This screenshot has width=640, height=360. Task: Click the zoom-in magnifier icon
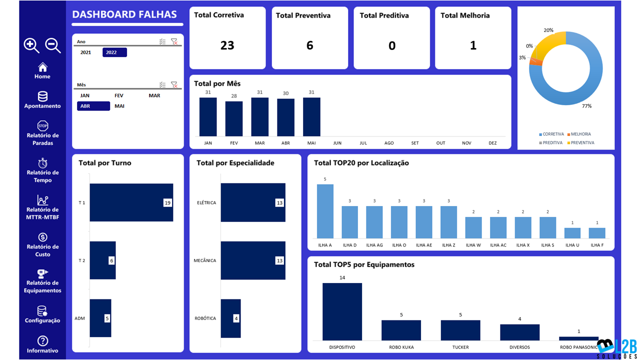pos(31,45)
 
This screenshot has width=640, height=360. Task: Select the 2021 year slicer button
pos(85,52)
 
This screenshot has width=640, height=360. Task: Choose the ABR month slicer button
pos(93,106)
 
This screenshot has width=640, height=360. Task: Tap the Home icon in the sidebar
pos(42,67)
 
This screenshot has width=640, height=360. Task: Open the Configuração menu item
pos(42,311)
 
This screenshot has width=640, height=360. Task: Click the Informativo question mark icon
pos(42,340)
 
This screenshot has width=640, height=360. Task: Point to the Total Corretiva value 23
pos(227,45)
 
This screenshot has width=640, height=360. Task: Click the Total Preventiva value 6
pos(309,45)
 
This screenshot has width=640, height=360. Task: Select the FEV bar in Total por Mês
pos(233,118)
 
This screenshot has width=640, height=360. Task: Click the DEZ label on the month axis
pos(492,143)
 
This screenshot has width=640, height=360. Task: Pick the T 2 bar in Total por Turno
pos(102,260)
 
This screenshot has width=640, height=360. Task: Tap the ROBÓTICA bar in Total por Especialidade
pos(230,318)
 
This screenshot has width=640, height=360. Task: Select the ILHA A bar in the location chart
pos(325,211)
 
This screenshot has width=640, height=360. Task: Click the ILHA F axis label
pos(597,245)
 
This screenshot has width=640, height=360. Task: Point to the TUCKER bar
pos(460,330)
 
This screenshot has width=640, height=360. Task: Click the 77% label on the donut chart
pos(586,106)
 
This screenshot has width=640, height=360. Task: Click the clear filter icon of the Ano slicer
pos(174,42)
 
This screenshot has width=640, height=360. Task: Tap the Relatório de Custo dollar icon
pos(42,237)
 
